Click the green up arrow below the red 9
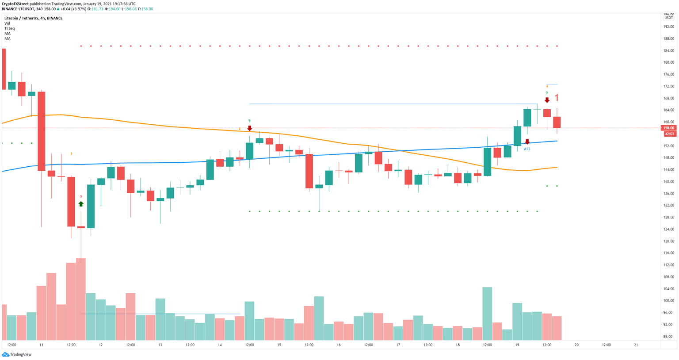tap(81, 204)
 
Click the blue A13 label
tap(527, 149)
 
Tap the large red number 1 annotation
tap(557, 98)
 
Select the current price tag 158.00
tap(669, 128)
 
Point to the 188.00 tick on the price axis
tap(669, 38)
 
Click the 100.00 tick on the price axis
tap(669, 301)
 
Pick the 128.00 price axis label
tap(669, 217)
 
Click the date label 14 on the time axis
tap(220, 345)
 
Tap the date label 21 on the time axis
tap(636, 345)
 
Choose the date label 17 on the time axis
tap(398, 345)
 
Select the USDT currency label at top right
tap(668, 18)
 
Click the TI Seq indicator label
tap(9, 28)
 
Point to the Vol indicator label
tap(7, 23)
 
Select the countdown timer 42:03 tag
tap(669, 134)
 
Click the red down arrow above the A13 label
tap(527, 142)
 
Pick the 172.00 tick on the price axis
tap(669, 86)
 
